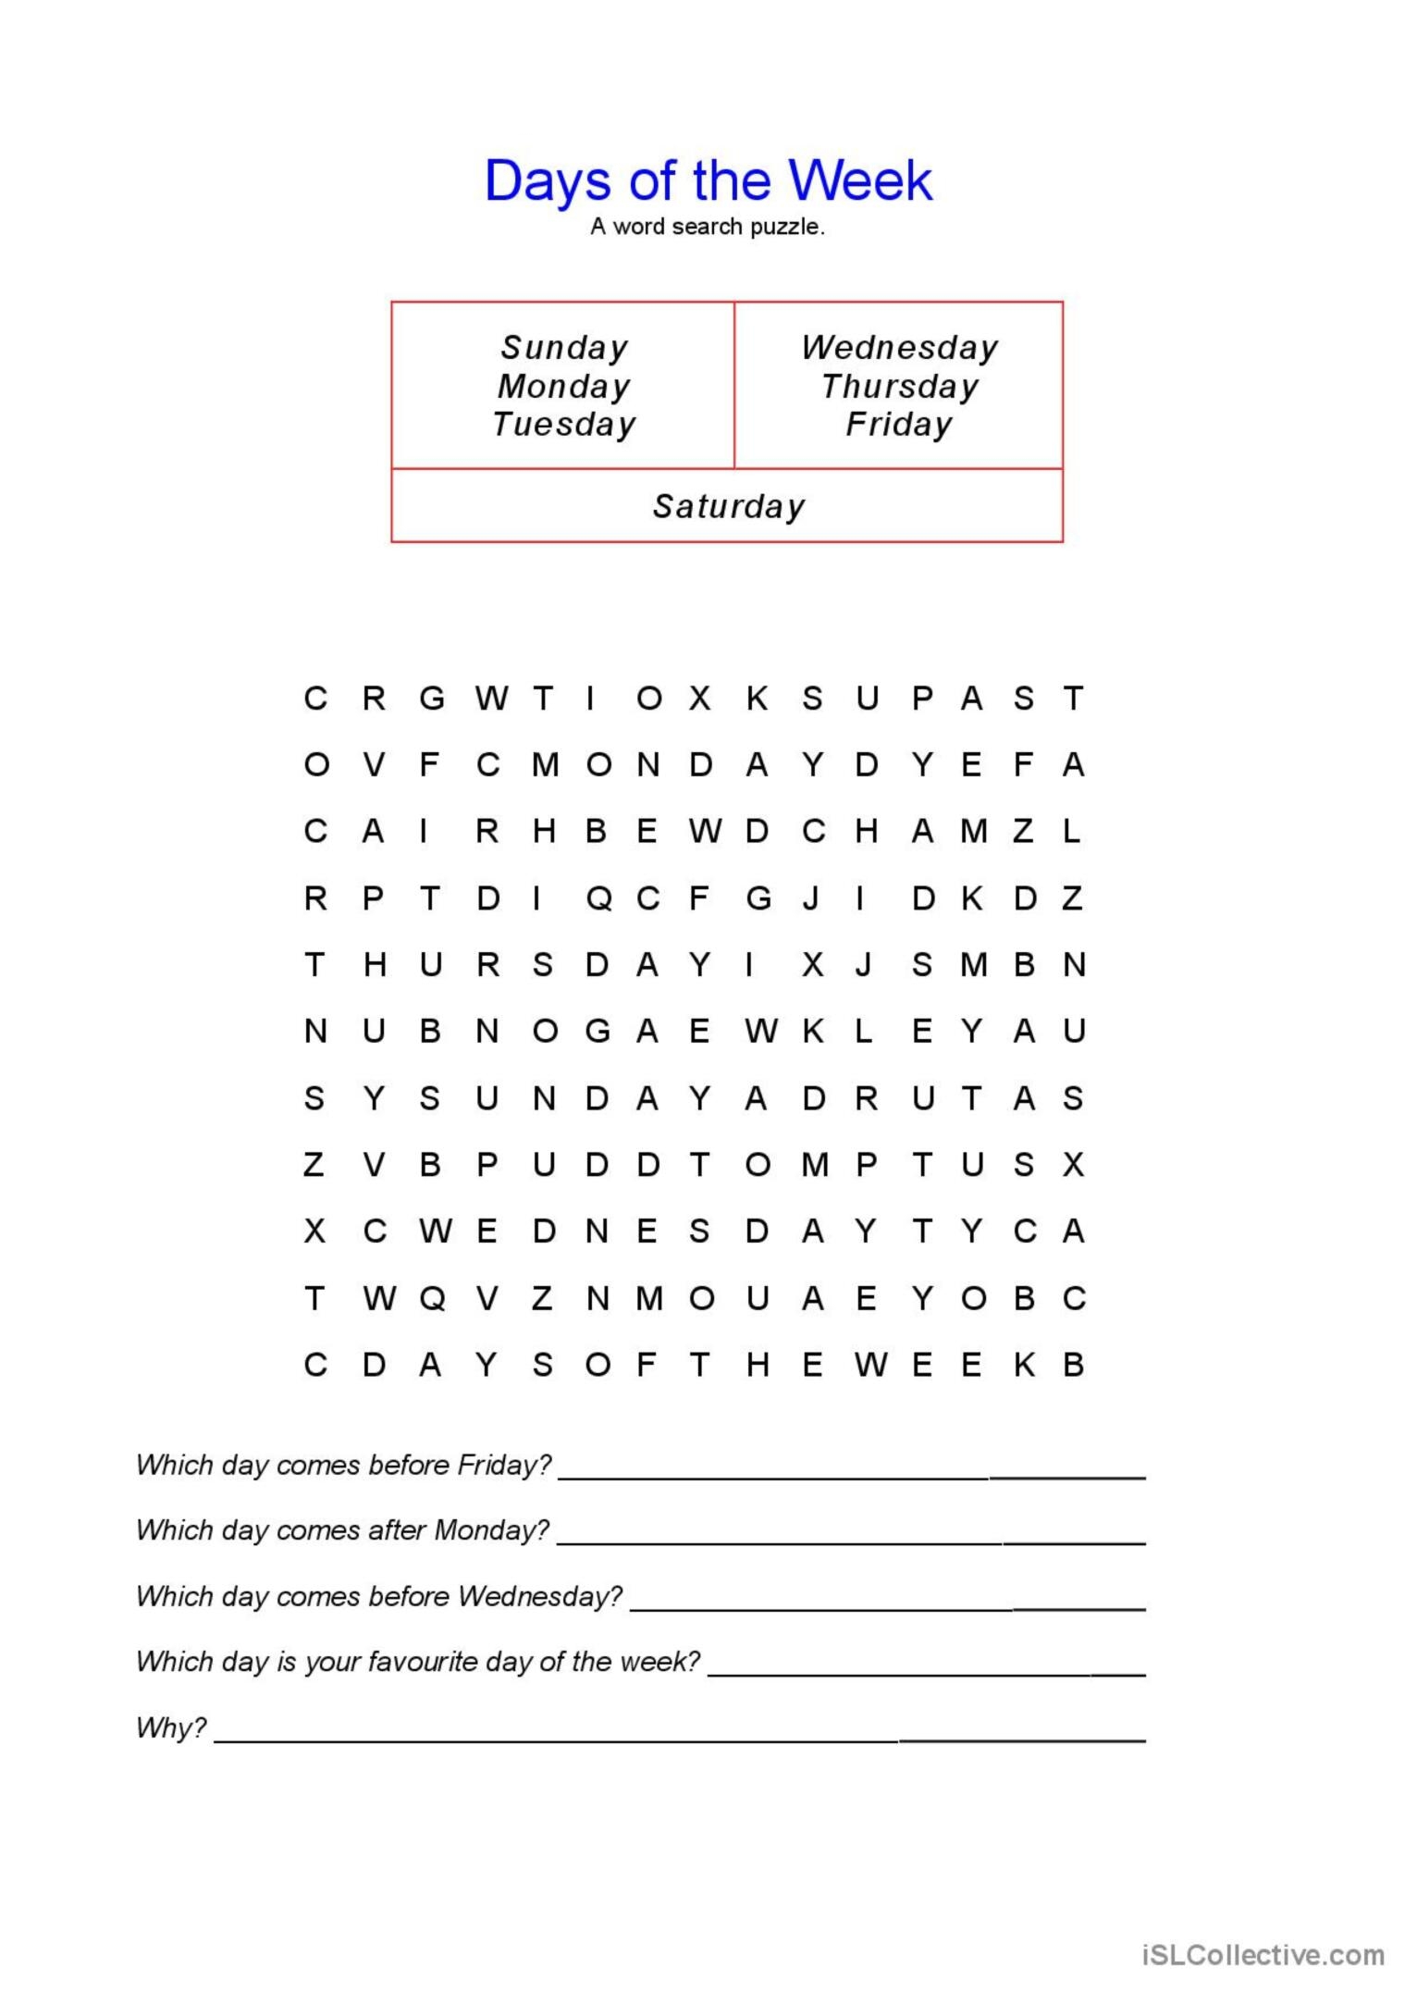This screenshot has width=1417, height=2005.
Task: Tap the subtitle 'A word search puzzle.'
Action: pyautogui.click(x=708, y=227)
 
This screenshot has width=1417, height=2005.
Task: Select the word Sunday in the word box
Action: pyautogui.click(x=564, y=348)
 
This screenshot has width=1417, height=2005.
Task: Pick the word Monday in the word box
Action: pyautogui.click(x=564, y=386)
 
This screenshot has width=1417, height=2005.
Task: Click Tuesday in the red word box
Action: pyautogui.click(x=564, y=424)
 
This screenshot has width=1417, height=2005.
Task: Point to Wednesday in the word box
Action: pyautogui.click(x=899, y=348)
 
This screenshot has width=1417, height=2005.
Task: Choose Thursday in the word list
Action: pyautogui.click(x=899, y=386)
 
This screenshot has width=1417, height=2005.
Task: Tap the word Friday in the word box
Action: pyautogui.click(x=899, y=424)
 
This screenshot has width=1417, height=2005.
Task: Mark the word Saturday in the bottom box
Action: pyautogui.click(x=728, y=506)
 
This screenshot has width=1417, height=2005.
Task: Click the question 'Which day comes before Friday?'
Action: pyautogui.click(x=343, y=1465)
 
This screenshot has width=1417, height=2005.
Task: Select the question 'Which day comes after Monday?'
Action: pyautogui.click(x=342, y=1530)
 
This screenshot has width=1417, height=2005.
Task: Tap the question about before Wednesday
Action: pyautogui.click(x=379, y=1596)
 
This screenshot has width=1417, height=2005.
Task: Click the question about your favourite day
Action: pyautogui.click(x=418, y=1662)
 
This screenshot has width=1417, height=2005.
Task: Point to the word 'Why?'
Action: pyautogui.click(x=171, y=1727)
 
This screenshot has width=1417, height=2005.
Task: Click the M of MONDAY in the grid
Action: pyautogui.click(x=545, y=765)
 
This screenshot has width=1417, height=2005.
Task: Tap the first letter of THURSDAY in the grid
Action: pyautogui.click(x=314, y=965)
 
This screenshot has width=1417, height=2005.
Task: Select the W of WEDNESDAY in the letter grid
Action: pyautogui.click(x=435, y=1231)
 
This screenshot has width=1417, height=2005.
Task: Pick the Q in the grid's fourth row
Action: pyautogui.click(x=598, y=898)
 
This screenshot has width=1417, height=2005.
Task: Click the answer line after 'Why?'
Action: pyautogui.click(x=680, y=1739)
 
